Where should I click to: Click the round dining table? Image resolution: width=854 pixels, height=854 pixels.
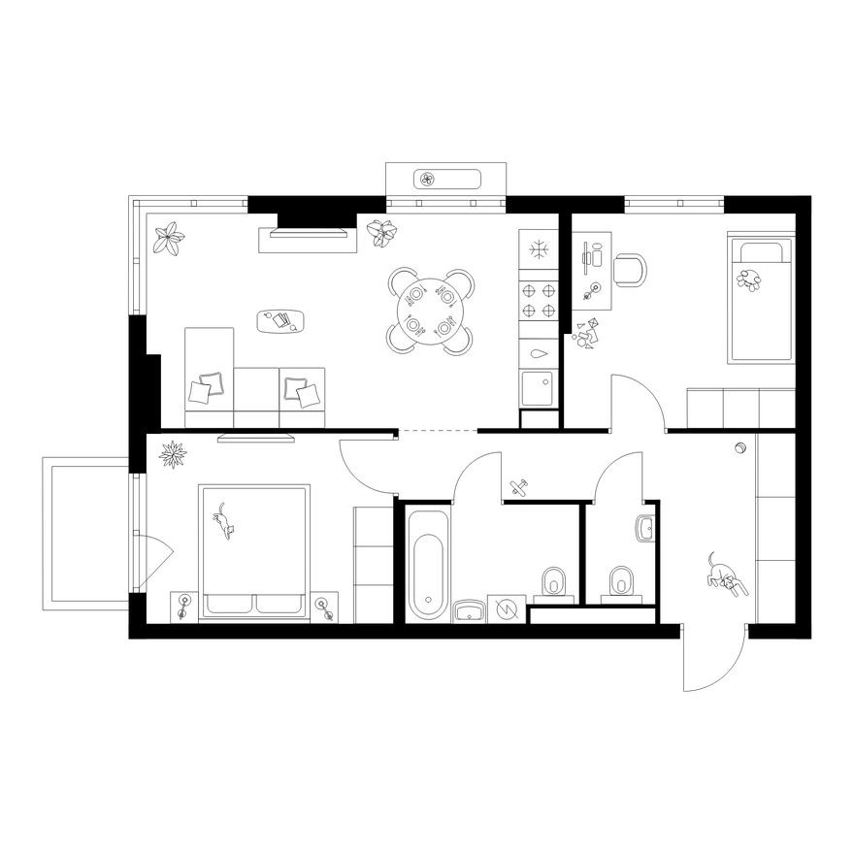pos(430,311)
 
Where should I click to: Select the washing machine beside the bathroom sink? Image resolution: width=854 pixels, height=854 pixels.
pos(506,608)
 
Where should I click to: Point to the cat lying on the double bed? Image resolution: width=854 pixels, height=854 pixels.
pos(225,521)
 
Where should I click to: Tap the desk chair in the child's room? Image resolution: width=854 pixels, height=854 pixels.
pos(630,270)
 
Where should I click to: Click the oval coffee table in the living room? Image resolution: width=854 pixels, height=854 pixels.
pos(282,321)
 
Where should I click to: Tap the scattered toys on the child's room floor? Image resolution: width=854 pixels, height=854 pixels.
pos(586,333)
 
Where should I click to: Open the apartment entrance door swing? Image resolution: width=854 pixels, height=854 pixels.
pos(713,660)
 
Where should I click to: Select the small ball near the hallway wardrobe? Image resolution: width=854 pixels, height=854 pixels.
pos(741,447)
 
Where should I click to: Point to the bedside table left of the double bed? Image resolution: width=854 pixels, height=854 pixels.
pos(184,607)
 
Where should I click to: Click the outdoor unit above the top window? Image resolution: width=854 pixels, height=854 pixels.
pos(447,179)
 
